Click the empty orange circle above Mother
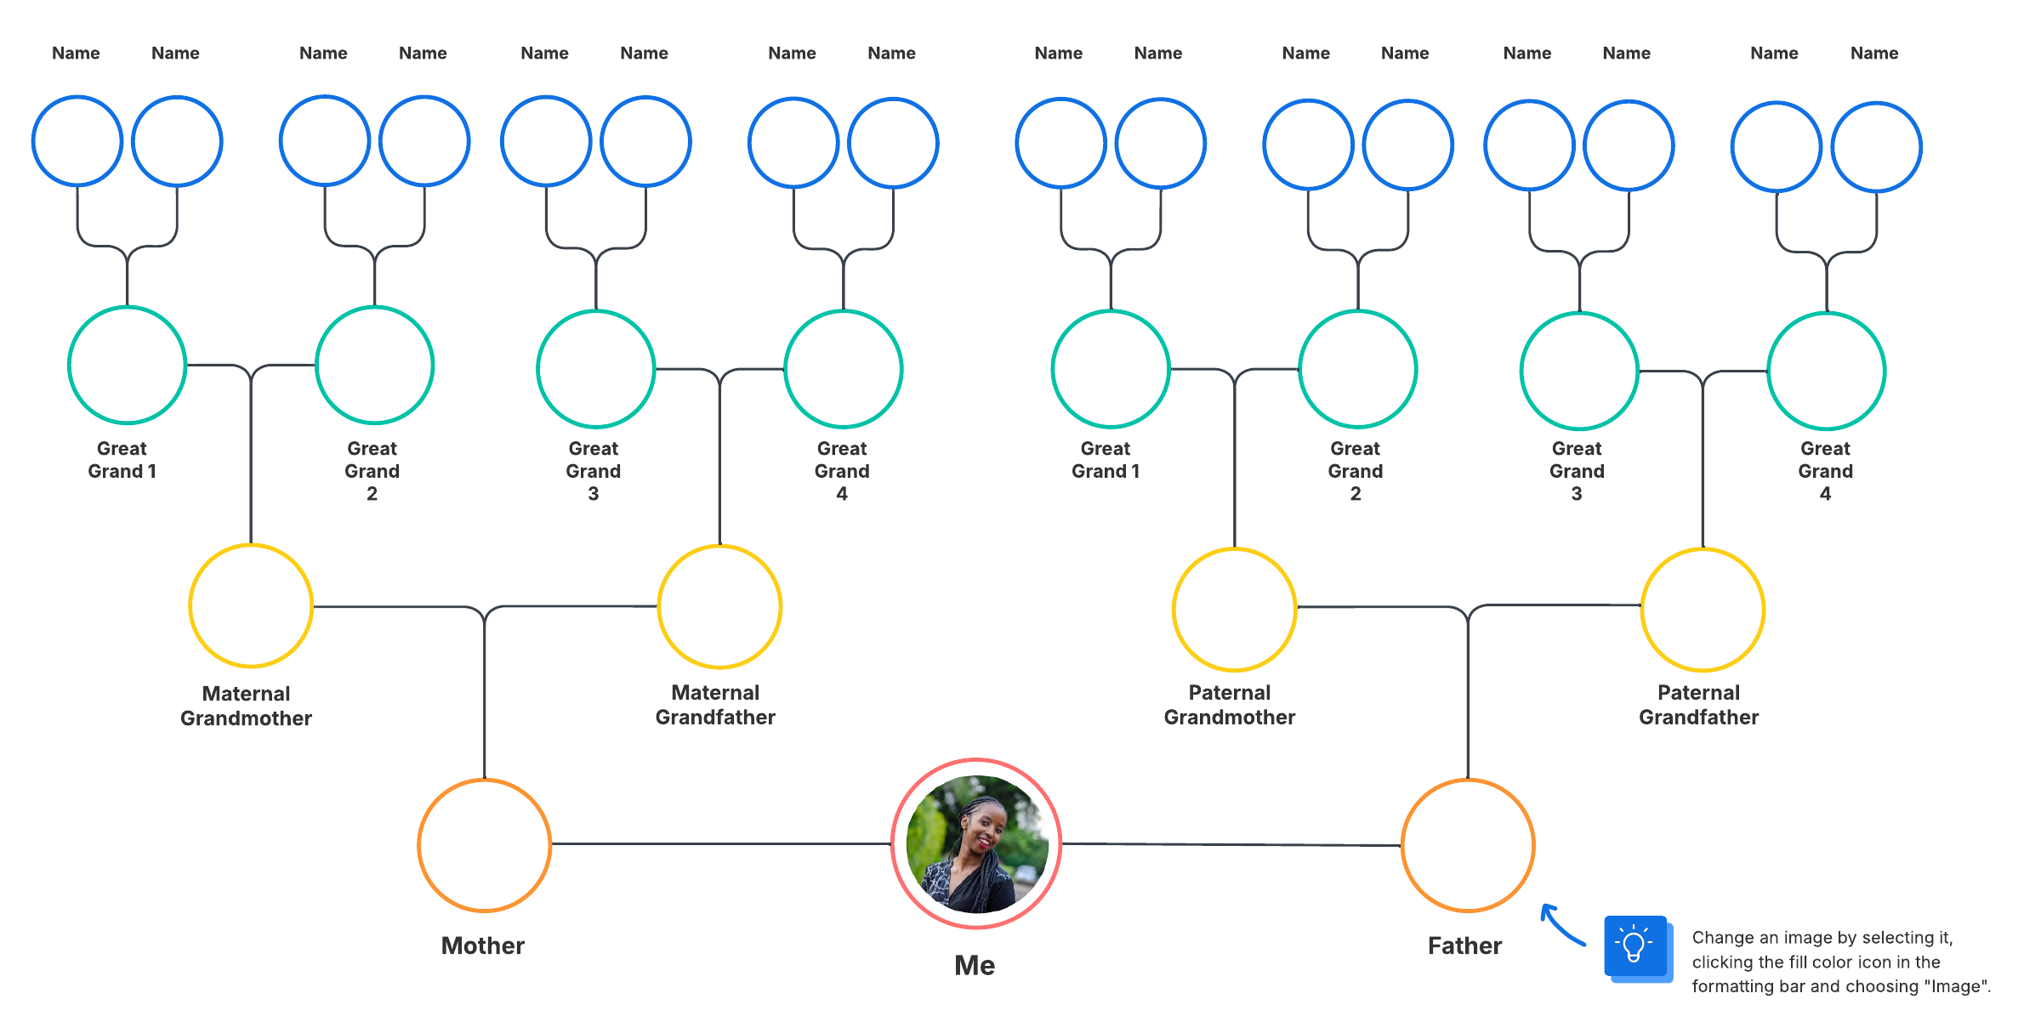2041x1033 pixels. (484, 845)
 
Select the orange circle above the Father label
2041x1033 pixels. (1467, 845)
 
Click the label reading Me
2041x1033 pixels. (975, 965)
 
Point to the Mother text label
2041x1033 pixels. (482, 945)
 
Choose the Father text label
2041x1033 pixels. (1464, 945)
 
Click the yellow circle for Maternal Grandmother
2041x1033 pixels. (251, 606)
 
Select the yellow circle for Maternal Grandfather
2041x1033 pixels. (719, 606)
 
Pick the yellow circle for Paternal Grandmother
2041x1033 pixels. (1234, 609)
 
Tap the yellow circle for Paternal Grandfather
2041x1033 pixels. (1703, 609)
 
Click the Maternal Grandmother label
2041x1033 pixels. (246, 706)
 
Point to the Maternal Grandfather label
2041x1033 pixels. (715, 705)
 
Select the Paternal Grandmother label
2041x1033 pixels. (1230, 705)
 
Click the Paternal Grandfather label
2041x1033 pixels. (1698, 705)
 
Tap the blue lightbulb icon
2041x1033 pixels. (1635, 945)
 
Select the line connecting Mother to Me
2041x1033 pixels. (721, 844)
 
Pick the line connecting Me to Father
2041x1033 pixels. (1231, 844)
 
